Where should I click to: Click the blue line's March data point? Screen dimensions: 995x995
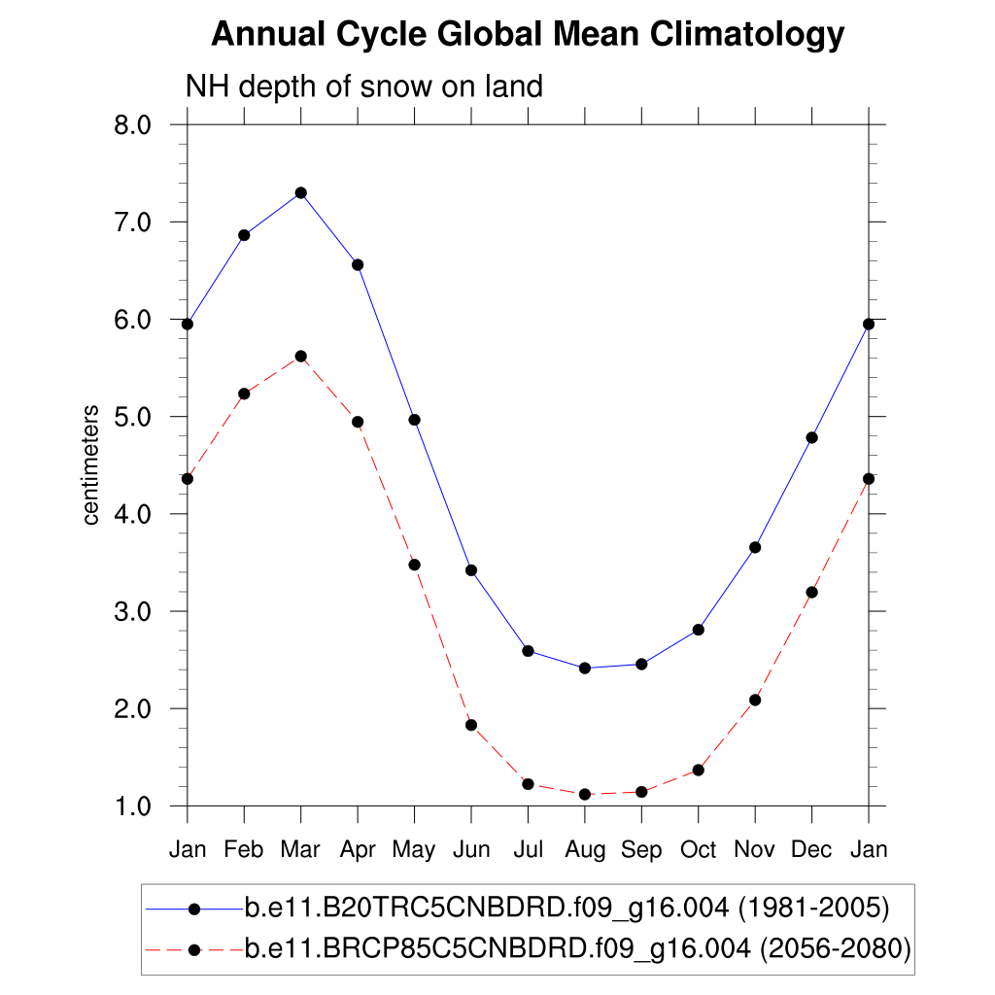pyautogui.click(x=301, y=192)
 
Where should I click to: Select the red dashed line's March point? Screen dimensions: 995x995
pyautogui.click(x=301, y=357)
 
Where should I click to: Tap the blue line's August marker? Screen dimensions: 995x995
pyautogui.click(x=585, y=668)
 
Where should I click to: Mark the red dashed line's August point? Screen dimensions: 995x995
pyautogui.click(x=585, y=794)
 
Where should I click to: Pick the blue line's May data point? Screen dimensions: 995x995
pyautogui.click(x=414, y=420)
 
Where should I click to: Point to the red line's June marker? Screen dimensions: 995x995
pyautogui.click(x=471, y=725)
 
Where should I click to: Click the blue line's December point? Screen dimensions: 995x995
pyautogui.click(x=812, y=437)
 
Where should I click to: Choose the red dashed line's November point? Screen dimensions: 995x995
pyautogui.click(x=755, y=700)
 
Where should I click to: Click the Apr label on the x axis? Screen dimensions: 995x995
pyautogui.click(x=358, y=850)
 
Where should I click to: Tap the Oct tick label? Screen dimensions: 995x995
pyautogui.click(x=698, y=850)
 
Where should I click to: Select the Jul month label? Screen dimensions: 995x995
pyautogui.click(x=528, y=850)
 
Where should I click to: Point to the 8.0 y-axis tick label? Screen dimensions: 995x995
pyautogui.click(x=131, y=125)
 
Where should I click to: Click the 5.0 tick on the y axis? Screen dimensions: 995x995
pyautogui.click(x=131, y=417)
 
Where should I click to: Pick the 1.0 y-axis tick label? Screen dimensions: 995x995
pyautogui.click(x=131, y=806)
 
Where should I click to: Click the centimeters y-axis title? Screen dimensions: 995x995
pyautogui.click(x=91, y=465)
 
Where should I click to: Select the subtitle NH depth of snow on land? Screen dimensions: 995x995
pyautogui.click(x=363, y=86)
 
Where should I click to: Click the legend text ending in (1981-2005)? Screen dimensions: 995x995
pyautogui.click(x=566, y=909)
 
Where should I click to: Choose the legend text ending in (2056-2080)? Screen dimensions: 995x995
pyautogui.click(x=577, y=948)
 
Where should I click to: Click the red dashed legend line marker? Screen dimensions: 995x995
pyautogui.click(x=193, y=948)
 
